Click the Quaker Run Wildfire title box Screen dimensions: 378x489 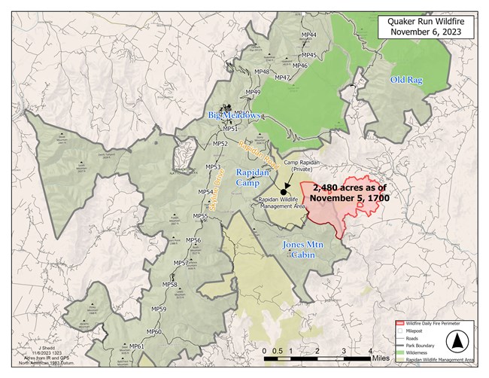tap(427, 27)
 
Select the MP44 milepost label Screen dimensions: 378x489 tap(308, 35)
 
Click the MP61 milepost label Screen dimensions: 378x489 tap(136, 346)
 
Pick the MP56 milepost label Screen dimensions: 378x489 tap(193, 240)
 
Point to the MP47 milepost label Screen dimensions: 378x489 tap(282, 78)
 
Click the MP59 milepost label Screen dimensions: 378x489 tap(159, 309)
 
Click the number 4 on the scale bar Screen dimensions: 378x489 tap(371, 350)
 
